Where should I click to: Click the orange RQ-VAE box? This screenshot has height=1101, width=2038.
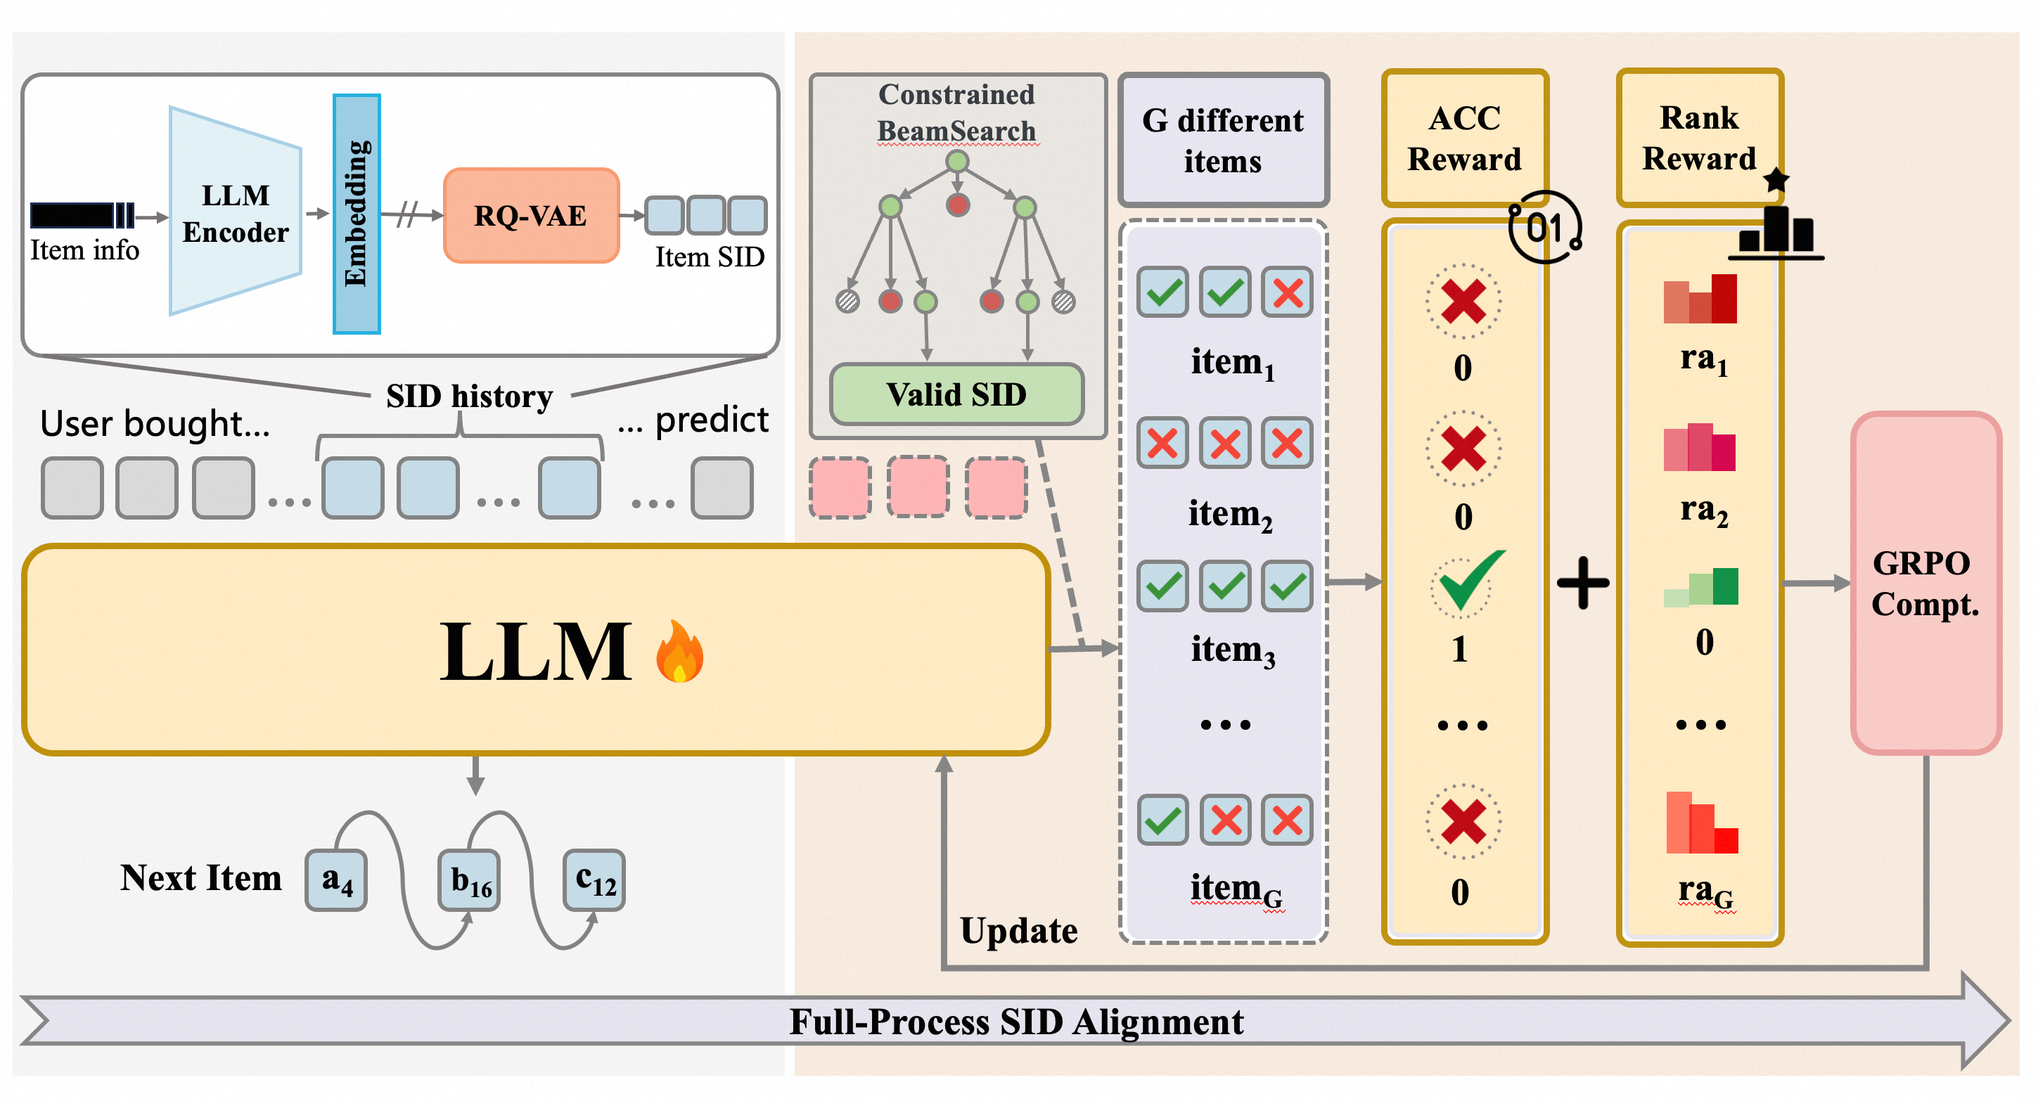(x=531, y=215)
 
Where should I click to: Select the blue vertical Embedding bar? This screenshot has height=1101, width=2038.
(x=357, y=214)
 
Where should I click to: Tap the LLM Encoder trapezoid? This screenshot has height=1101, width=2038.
(x=235, y=212)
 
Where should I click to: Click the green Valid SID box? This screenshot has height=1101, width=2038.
(x=956, y=394)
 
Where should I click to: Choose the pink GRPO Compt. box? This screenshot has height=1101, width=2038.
(x=1925, y=583)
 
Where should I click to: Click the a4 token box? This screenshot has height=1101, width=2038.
(x=336, y=880)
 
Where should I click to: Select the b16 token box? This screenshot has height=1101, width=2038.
(x=470, y=880)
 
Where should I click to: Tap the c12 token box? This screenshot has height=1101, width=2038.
(x=594, y=880)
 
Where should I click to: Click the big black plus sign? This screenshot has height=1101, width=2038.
(x=1582, y=583)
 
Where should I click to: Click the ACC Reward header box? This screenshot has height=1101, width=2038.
(x=1464, y=139)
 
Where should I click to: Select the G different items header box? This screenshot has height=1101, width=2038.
(x=1222, y=140)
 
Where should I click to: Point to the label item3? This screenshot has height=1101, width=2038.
(x=1233, y=650)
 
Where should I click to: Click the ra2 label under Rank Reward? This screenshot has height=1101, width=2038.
(x=1703, y=510)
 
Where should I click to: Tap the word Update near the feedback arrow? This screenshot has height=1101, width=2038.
(x=1018, y=930)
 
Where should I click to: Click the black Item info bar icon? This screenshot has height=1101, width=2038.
(x=82, y=215)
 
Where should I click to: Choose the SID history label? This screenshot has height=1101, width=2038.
(x=469, y=397)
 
